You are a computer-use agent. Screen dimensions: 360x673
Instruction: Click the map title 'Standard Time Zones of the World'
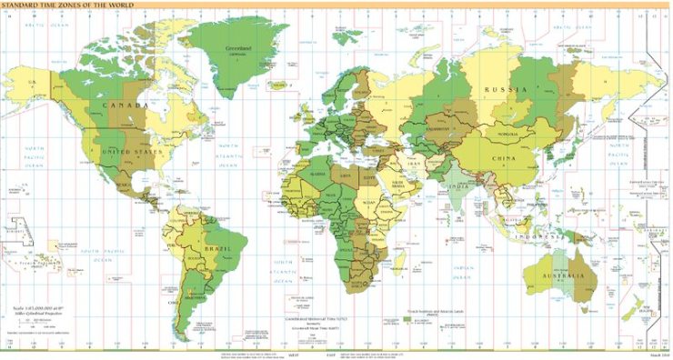(68, 6)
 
